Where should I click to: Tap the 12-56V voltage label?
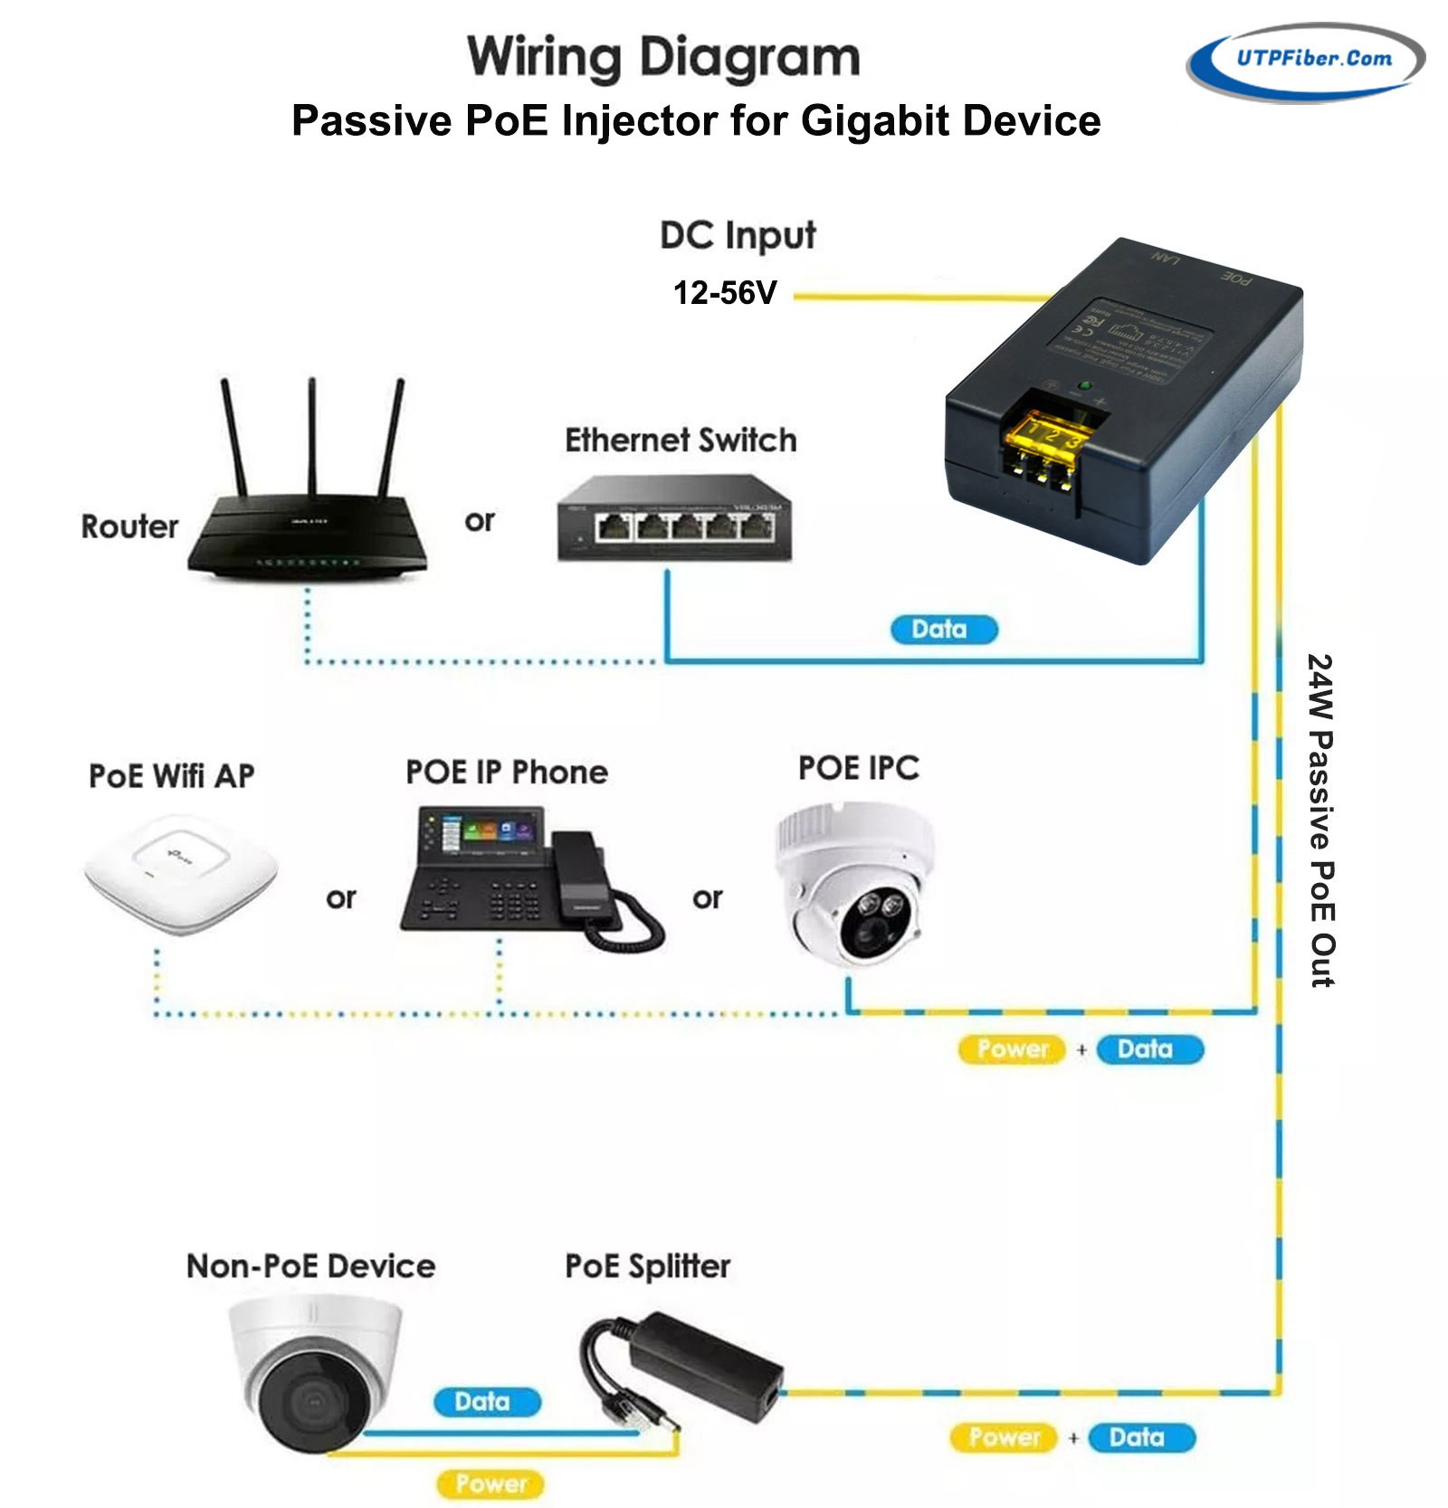click(725, 293)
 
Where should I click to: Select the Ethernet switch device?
click(674, 519)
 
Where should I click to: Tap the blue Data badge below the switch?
click(943, 630)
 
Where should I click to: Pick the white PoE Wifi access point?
click(181, 873)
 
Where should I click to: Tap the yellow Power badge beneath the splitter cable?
click(491, 1484)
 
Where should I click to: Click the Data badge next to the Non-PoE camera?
click(486, 1401)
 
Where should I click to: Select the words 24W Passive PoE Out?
click(1320, 820)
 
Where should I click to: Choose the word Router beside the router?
click(129, 526)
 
